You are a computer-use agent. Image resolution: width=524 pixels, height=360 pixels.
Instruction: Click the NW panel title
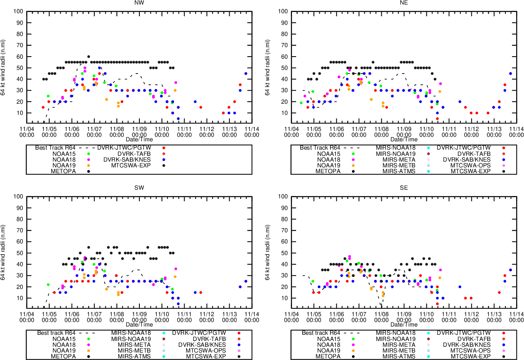click(139, 3)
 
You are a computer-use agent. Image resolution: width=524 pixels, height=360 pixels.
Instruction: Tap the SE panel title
click(404, 188)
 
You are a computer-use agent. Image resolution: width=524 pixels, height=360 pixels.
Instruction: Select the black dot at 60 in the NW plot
click(89, 57)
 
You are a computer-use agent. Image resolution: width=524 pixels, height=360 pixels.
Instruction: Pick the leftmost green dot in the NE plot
click(301, 103)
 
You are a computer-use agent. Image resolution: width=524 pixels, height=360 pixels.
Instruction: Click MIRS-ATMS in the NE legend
click(399, 171)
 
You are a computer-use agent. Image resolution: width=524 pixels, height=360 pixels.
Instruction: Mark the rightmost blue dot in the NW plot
click(246, 74)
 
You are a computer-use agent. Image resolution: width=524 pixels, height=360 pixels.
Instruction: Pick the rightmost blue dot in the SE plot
click(510, 270)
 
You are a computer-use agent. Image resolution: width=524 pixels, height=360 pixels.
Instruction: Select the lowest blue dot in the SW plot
click(178, 304)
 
